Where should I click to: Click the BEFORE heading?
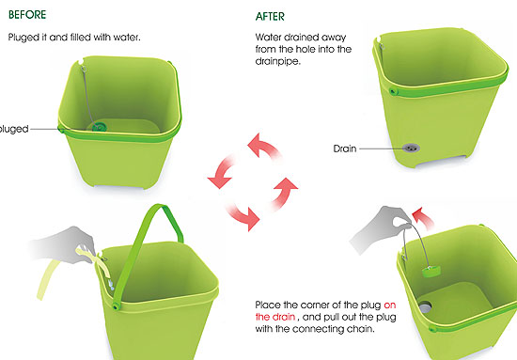tap(27, 15)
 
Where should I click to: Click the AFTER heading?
tap(270, 17)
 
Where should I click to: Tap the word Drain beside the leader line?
tap(345, 149)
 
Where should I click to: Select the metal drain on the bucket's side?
tap(411, 148)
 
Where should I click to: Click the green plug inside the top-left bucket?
tap(99, 126)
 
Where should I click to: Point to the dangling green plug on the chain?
tap(431, 272)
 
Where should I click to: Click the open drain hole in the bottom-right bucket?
tap(425, 307)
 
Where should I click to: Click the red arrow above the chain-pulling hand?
tap(423, 217)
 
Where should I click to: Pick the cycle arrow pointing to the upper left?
tap(264, 148)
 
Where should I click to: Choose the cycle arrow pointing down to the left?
tap(222, 172)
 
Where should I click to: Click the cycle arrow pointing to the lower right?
tap(243, 214)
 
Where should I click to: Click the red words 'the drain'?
tap(275, 317)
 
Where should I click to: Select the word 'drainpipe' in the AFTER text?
tap(277, 61)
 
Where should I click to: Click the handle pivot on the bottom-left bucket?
tap(116, 306)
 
